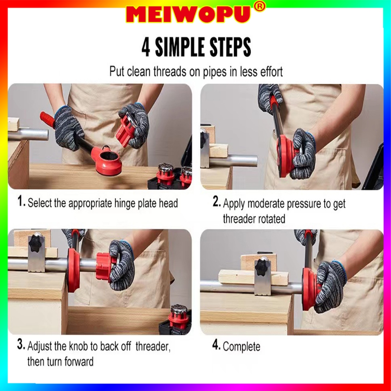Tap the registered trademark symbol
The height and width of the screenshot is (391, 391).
coord(260,7)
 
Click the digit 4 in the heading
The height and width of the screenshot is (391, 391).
coord(146,47)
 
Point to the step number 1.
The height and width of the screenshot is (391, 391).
coord(21,201)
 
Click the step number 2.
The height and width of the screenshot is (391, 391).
coord(217,202)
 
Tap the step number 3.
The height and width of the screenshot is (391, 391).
coord(21,344)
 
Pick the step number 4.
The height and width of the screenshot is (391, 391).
coord(216,345)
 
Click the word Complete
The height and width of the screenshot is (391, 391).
coord(241,347)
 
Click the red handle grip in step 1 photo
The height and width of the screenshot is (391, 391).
coord(48,120)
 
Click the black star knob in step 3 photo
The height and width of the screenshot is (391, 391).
coord(36,243)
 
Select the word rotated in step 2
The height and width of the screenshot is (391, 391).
coord(271,219)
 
